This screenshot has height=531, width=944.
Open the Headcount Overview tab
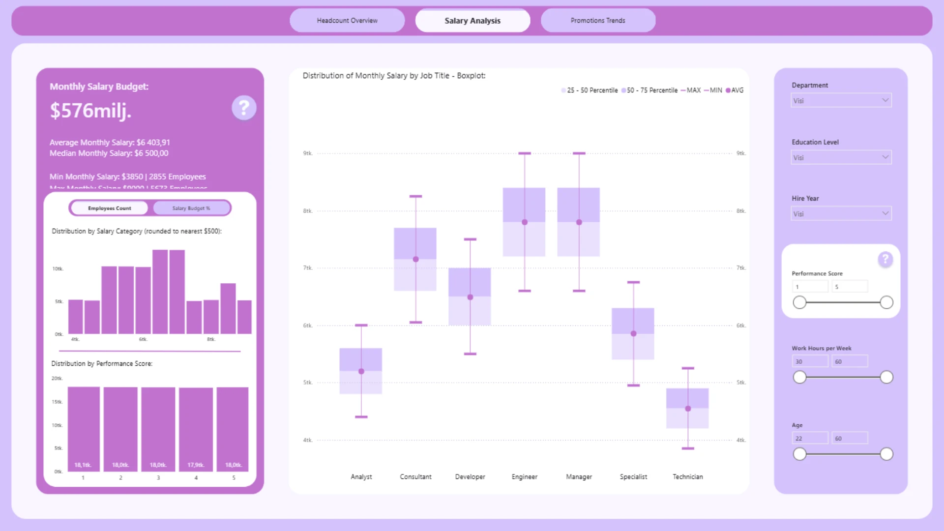347,21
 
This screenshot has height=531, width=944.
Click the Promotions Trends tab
598,21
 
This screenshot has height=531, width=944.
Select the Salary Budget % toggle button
191,208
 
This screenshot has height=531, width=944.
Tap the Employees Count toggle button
109,208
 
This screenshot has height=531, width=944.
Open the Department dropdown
841,100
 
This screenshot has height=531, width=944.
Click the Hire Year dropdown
841,214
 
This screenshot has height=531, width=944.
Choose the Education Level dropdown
841,157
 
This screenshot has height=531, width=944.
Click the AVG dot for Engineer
525,222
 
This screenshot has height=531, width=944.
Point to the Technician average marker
688,409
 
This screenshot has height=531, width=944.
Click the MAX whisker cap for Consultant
415,197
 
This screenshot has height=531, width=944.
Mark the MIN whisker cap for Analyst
361,417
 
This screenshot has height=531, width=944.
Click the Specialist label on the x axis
633,477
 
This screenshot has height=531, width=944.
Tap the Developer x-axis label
470,477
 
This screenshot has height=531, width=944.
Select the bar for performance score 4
196,429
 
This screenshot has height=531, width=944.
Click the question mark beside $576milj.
244,108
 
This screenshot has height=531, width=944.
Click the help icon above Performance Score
885,259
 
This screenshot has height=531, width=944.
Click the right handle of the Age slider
886,454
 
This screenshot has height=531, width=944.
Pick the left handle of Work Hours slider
800,377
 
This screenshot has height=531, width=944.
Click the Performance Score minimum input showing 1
809,287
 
